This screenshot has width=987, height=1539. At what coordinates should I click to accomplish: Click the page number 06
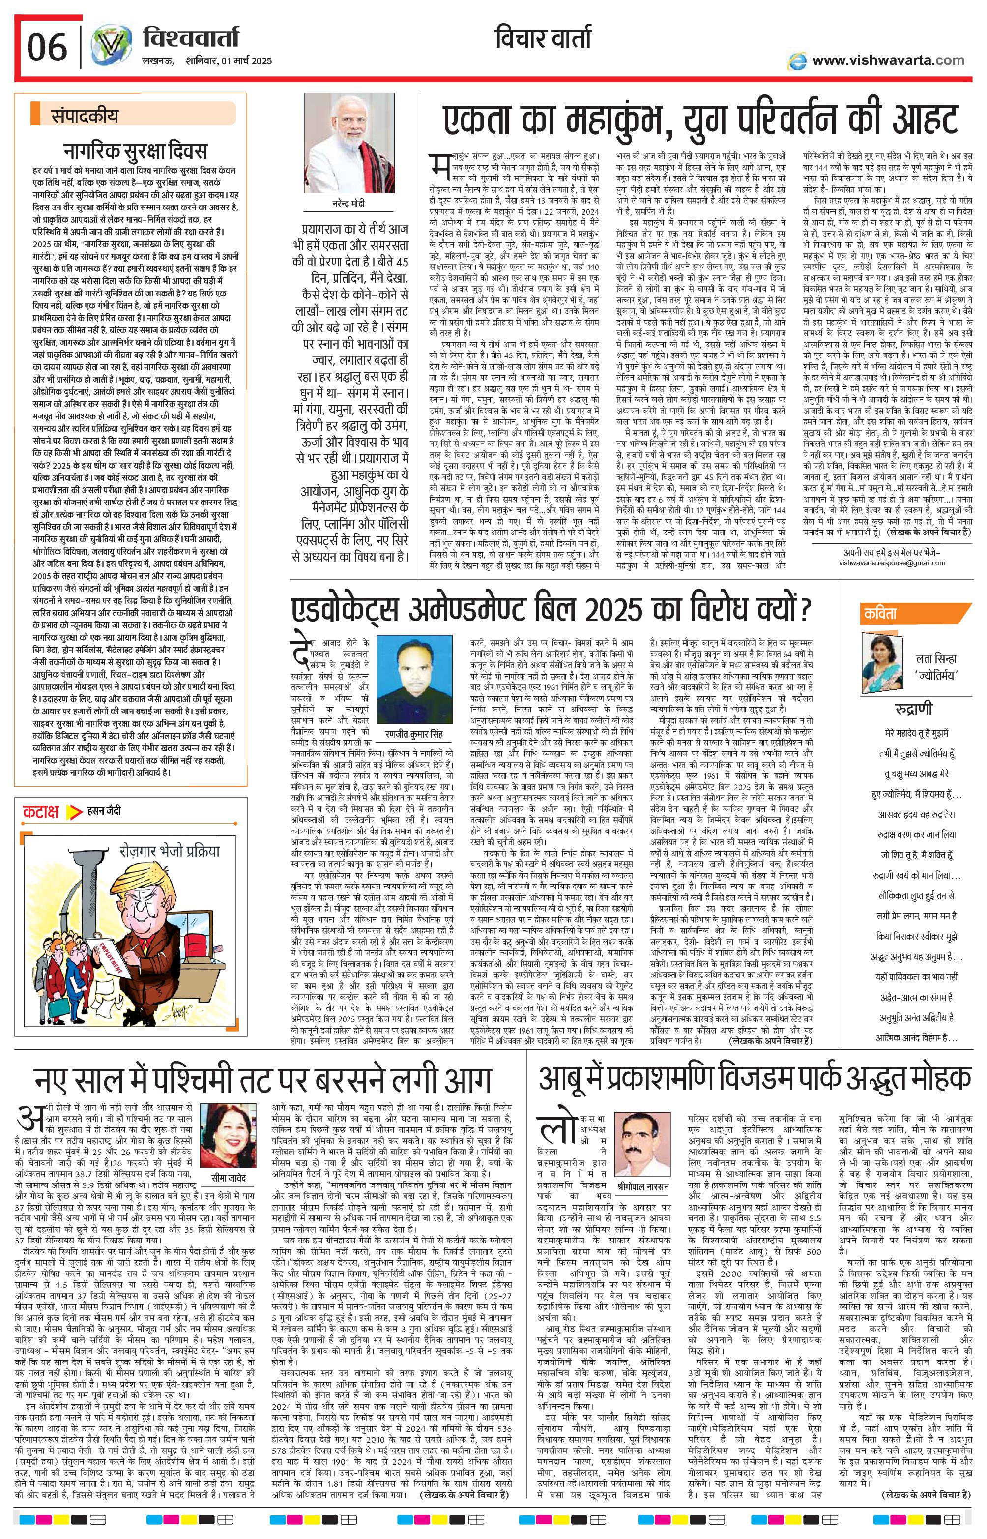click(47, 46)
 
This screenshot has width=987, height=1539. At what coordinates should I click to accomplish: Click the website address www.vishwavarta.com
click(888, 60)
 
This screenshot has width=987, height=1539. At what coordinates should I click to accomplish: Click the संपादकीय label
click(85, 116)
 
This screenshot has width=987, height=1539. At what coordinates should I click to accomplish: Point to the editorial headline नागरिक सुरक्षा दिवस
click(135, 151)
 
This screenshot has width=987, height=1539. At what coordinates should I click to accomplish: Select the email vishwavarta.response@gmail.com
click(892, 563)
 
